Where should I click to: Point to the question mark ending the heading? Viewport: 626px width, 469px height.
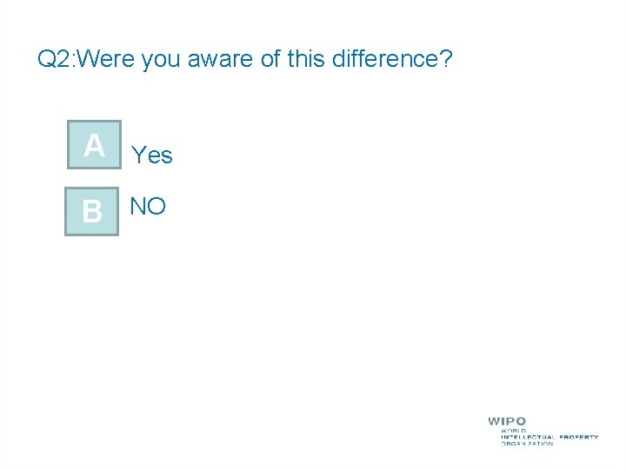pyautogui.click(x=446, y=60)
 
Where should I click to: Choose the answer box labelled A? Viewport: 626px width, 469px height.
pyautogui.click(x=95, y=145)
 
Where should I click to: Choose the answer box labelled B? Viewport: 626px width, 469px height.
pyautogui.click(x=92, y=209)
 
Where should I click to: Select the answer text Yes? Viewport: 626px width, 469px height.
pyautogui.click(x=152, y=155)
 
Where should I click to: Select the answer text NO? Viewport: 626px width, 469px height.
pyautogui.click(x=148, y=207)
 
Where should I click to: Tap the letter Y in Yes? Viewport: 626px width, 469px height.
pyautogui.click(x=138, y=155)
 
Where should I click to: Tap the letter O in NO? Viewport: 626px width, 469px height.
pyautogui.click(x=156, y=207)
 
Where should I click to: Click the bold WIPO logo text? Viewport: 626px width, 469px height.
pyautogui.click(x=507, y=421)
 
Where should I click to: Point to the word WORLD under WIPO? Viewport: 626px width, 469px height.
pyautogui.click(x=513, y=430)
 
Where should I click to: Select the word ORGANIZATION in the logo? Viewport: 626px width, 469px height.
pyautogui.click(x=527, y=444)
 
